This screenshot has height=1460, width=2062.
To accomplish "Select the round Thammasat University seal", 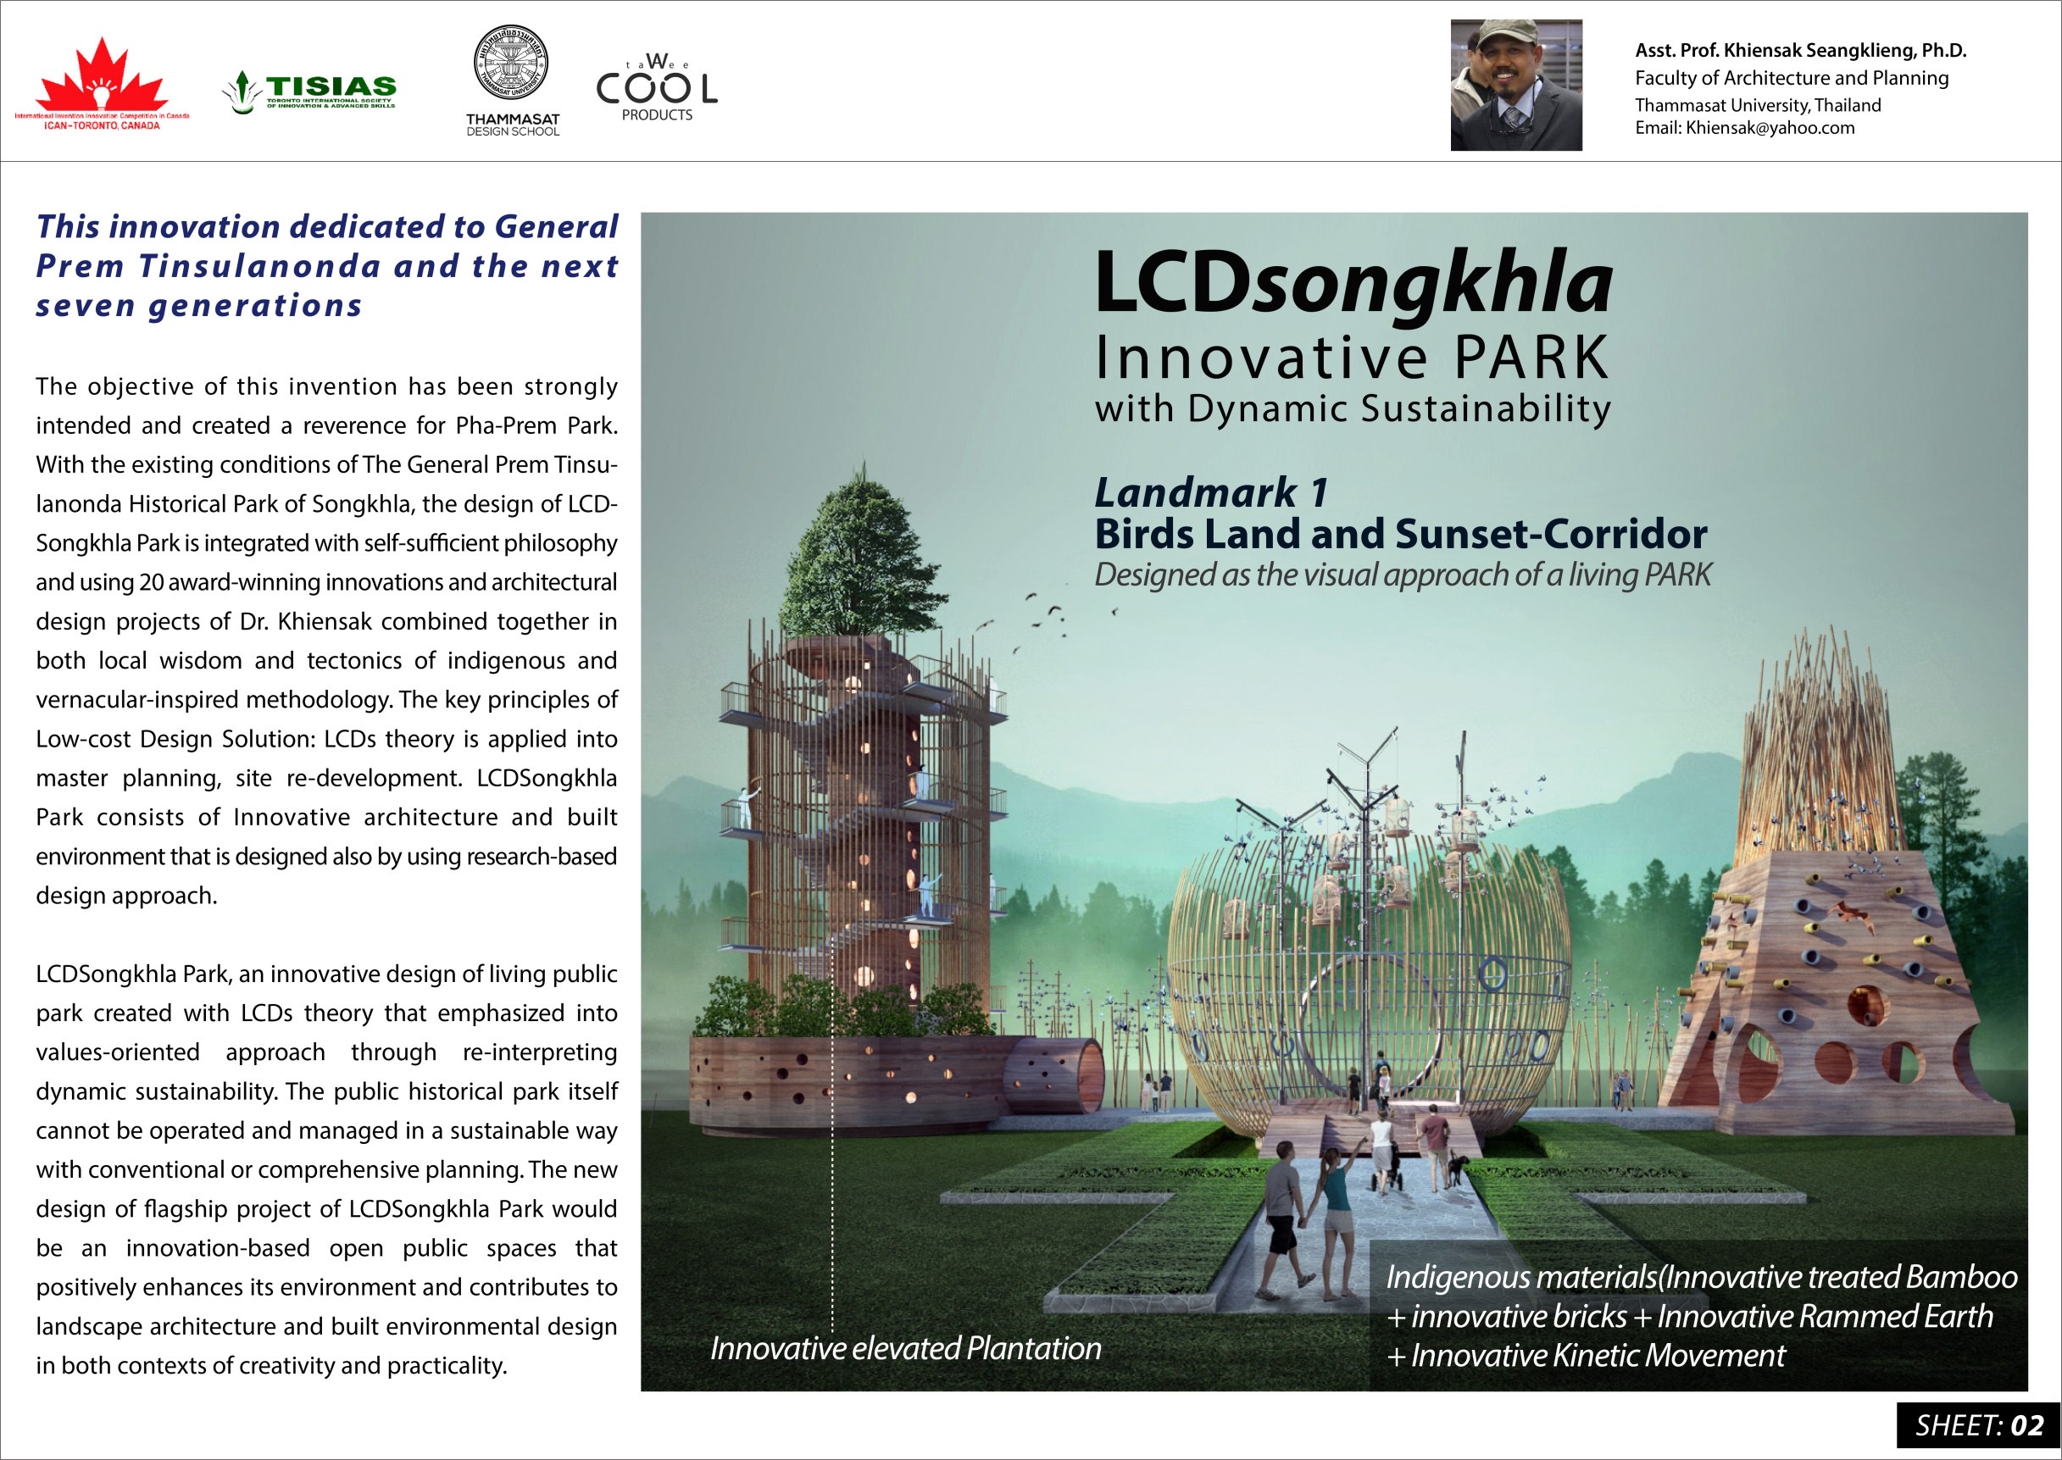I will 511,63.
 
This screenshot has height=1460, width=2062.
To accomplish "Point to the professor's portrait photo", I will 1515,86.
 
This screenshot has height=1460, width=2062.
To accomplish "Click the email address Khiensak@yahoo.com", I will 1770,128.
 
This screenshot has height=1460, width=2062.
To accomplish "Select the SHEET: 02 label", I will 1978,1426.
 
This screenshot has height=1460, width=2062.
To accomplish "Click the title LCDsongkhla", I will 1353,283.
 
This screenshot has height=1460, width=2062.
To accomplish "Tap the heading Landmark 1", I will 1210,492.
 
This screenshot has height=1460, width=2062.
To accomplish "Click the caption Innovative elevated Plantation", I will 905,1348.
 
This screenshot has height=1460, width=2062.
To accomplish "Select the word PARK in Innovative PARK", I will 1531,358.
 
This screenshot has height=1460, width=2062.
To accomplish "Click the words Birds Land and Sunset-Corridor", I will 1400,535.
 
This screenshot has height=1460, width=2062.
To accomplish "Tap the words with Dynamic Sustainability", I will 1353,409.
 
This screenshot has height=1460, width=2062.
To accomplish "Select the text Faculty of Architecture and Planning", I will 1792,78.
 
